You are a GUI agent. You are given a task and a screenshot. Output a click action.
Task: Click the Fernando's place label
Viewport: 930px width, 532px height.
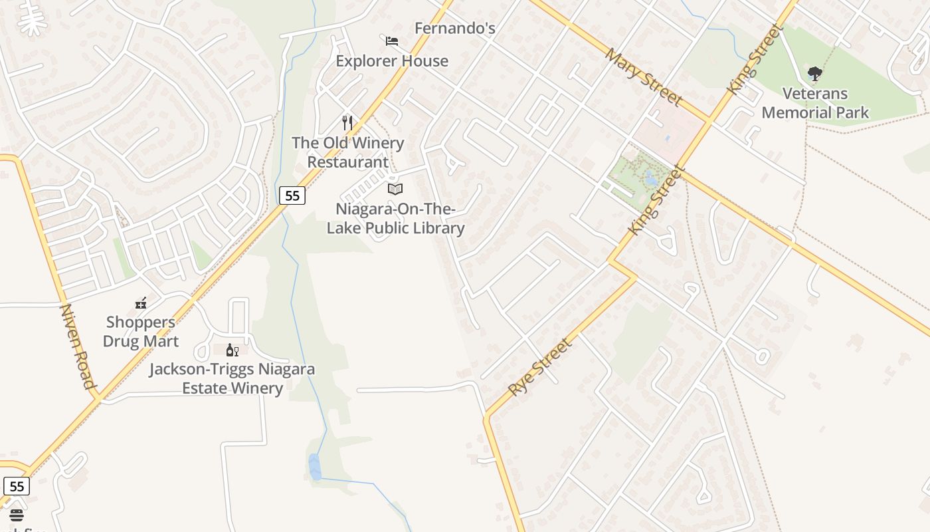tap(455, 29)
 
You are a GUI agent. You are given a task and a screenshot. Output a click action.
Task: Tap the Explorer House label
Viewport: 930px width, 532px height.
tap(392, 61)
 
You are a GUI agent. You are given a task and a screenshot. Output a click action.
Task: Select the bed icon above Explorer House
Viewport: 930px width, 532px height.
tap(392, 41)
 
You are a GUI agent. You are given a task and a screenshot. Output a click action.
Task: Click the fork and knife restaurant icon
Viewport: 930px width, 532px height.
tap(347, 122)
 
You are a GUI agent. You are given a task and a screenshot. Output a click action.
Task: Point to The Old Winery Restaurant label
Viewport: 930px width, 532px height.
tap(348, 152)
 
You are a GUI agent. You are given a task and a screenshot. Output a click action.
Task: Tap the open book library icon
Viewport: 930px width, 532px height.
tap(395, 189)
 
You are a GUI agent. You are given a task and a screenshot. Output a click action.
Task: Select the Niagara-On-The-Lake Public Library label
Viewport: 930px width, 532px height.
tap(395, 219)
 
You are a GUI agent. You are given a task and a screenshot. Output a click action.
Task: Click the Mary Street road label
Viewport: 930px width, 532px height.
tap(643, 77)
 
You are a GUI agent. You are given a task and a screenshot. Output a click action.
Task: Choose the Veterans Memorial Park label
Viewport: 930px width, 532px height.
tap(815, 103)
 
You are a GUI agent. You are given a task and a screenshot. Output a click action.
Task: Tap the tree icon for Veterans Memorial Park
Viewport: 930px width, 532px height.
tap(815, 73)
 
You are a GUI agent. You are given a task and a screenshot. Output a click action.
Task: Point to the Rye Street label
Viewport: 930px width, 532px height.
tap(539, 367)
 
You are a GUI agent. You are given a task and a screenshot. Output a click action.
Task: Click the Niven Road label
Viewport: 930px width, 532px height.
tap(78, 346)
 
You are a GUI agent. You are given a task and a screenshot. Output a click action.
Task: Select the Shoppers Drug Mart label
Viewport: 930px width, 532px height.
tap(141, 332)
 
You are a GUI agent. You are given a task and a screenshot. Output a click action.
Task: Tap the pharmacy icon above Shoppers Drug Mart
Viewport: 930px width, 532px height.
tap(141, 304)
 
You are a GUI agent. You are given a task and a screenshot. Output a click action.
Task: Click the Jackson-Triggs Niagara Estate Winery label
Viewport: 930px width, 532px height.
tap(232, 378)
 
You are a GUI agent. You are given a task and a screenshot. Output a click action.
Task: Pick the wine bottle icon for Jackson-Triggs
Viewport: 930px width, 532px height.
tap(232, 350)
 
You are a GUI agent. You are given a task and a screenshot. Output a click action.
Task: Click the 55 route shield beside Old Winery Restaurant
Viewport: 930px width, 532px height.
tap(292, 195)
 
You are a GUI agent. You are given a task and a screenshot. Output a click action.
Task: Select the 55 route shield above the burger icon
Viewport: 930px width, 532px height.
tap(17, 486)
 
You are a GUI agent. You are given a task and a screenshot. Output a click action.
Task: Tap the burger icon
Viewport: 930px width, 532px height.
tap(17, 515)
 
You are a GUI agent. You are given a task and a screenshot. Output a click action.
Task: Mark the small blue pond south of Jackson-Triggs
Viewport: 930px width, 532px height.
tap(315, 466)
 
